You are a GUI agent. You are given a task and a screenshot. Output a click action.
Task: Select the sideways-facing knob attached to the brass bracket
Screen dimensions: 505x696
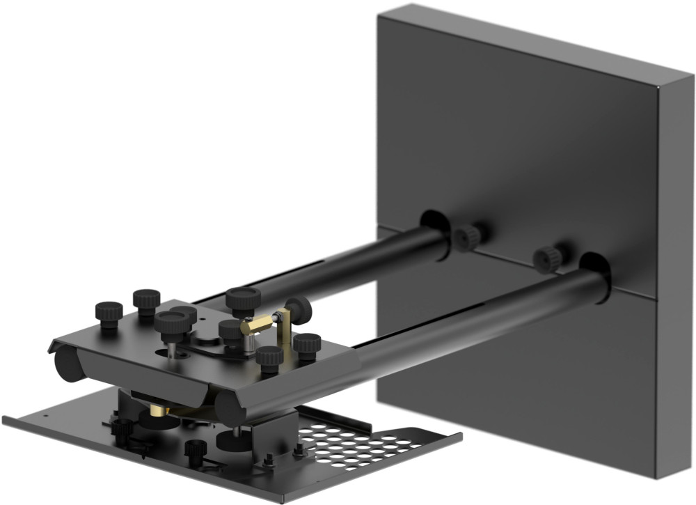tap(298, 309)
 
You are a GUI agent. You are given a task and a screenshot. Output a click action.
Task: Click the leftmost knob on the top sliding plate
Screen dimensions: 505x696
tap(109, 313)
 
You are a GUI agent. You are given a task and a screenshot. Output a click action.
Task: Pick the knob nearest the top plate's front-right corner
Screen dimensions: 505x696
tap(269, 357)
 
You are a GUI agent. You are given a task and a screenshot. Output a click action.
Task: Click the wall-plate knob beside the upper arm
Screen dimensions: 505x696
tap(468, 238)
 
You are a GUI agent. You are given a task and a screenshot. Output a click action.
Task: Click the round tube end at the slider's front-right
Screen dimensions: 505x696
tap(226, 408)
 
